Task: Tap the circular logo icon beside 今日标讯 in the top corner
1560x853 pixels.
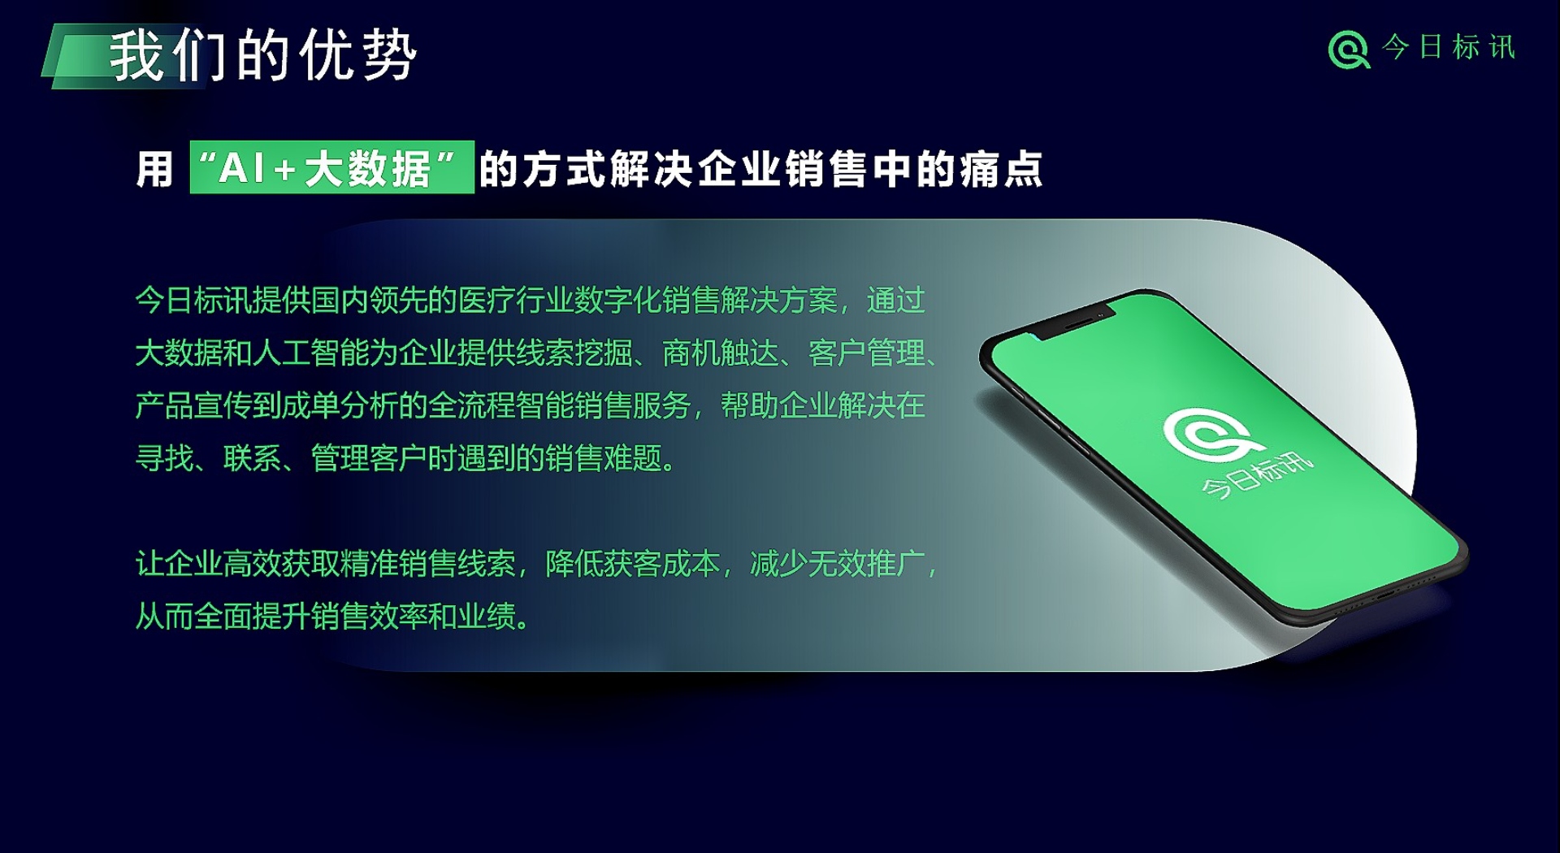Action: (1349, 50)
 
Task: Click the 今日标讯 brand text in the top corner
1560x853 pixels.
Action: (1449, 47)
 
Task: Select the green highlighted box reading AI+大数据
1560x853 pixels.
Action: (331, 167)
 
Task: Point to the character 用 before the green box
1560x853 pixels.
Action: (154, 170)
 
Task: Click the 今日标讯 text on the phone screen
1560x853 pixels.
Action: (1256, 477)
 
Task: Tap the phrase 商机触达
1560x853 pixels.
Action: (720, 353)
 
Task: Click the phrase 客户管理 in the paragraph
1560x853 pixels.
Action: (866, 353)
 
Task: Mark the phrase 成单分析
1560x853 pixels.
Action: (340, 405)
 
